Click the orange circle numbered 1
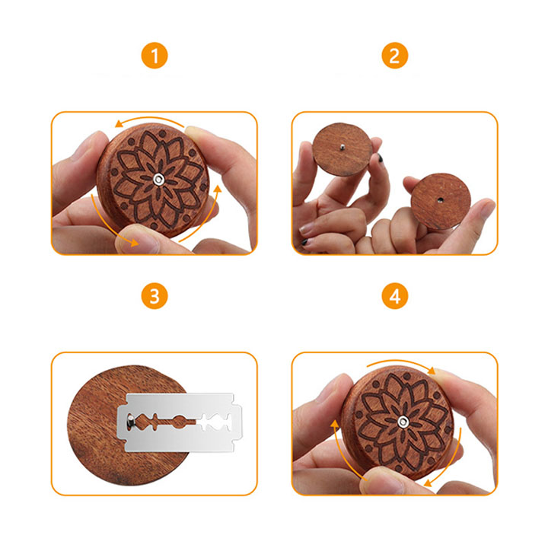[x=155, y=56]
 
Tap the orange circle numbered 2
[x=394, y=56]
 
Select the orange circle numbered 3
[x=155, y=296]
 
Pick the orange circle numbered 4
[x=394, y=296]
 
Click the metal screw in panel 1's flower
[x=159, y=180]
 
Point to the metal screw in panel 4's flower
[x=403, y=422]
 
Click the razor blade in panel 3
[x=180, y=422]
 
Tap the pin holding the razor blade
[x=130, y=421]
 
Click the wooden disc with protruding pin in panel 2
[x=342, y=149]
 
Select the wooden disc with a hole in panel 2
[x=441, y=201]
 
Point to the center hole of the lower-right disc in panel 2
[x=441, y=200]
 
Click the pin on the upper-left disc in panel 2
[x=342, y=147]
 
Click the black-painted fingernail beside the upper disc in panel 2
[x=380, y=158]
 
